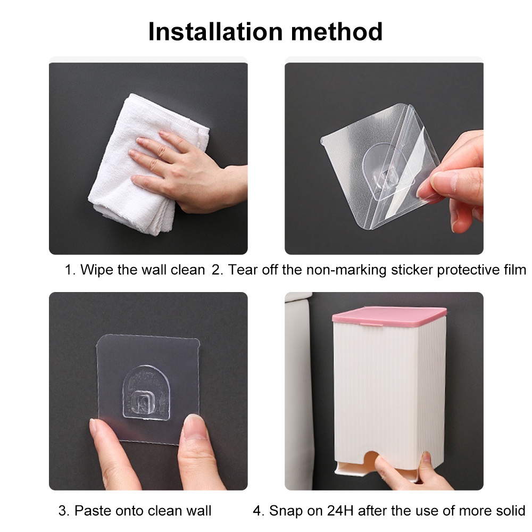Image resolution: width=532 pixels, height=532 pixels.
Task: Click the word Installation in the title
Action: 215,31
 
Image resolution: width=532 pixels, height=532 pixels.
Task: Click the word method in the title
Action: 337,31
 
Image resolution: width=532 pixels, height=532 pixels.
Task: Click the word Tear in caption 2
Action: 241,270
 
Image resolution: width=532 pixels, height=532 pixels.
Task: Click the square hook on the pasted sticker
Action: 146,402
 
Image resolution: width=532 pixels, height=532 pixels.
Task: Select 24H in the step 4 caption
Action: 340,511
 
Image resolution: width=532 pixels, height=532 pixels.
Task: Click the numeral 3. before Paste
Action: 64,511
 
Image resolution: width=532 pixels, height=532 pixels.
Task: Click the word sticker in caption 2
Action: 412,270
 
